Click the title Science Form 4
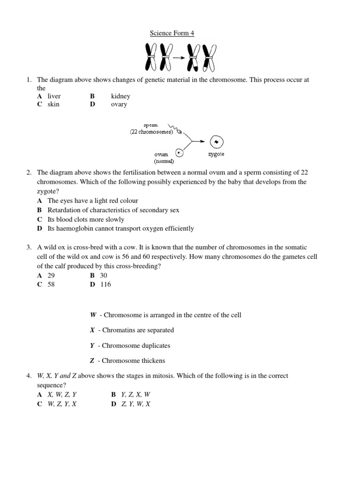pyautogui.click(x=172, y=33)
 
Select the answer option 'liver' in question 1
pyautogui.click(x=54, y=96)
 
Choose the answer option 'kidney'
pyautogui.click(x=120, y=96)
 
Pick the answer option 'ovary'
pyautogui.click(x=119, y=104)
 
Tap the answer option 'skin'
pyautogui.click(x=53, y=104)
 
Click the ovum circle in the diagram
pyautogui.click(x=180, y=153)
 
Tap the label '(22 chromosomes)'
pyautogui.click(x=152, y=133)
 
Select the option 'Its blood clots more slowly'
pyautogui.click(x=86, y=219)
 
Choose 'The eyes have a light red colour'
pyautogui.click(x=93, y=201)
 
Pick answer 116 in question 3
pyautogui.click(x=105, y=284)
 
